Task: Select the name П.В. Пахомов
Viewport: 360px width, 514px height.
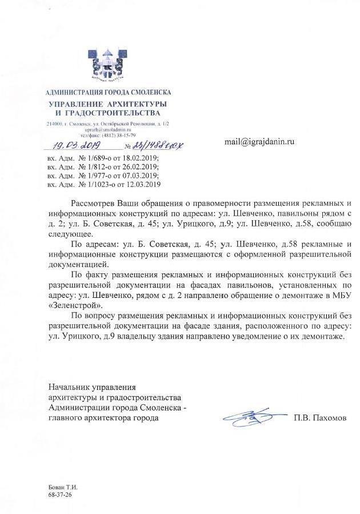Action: point(321,418)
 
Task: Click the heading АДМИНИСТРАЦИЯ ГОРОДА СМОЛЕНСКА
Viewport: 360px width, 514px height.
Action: point(108,92)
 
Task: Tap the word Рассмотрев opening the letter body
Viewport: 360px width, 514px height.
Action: point(93,204)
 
